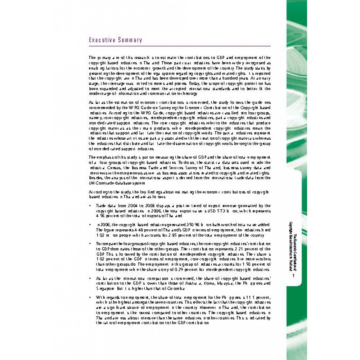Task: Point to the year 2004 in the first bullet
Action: click(x=125, y=205)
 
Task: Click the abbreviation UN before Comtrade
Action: click(x=91, y=183)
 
